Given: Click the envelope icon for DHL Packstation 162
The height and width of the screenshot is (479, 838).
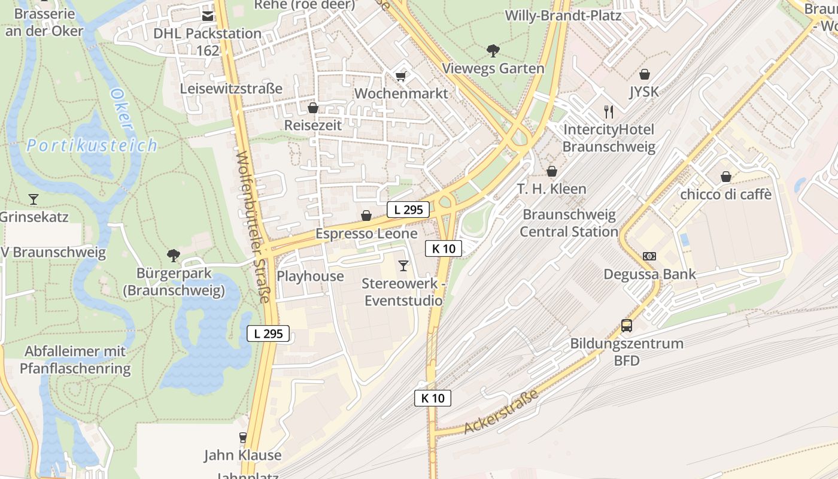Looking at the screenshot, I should pyautogui.click(x=208, y=16).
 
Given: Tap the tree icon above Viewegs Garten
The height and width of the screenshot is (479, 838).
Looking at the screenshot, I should pyautogui.click(x=493, y=51).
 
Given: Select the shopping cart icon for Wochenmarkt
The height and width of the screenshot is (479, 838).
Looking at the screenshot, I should pyautogui.click(x=400, y=76).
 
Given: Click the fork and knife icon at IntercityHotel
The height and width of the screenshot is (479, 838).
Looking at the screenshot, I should pyautogui.click(x=609, y=112).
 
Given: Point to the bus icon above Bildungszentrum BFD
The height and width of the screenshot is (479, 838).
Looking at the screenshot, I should pyautogui.click(x=626, y=326).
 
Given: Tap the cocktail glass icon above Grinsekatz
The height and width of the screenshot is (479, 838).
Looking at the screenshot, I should pyautogui.click(x=34, y=199).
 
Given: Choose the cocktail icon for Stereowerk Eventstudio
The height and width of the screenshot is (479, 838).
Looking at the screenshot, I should pyautogui.click(x=403, y=265).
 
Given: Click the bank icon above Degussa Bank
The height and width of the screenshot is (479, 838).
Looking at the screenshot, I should pyautogui.click(x=649, y=256).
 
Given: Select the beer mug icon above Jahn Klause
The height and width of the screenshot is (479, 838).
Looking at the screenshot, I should pyautogui.click(x=242, y=438).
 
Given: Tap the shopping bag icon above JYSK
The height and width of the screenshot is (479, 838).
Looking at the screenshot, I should pyautogui.click(x=645, y=74).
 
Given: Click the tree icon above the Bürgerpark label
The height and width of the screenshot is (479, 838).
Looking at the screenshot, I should pyautogui.click(x=174, y=256).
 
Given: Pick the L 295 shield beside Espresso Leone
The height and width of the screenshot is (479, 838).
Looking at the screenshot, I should pyautogui.click(x=408, y=210).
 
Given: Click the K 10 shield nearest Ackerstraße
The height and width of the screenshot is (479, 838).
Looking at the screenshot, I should pyautogui.click(x=433, y=398).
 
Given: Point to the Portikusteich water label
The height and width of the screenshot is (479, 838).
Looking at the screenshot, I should pyautogui.click(x=92, y=145).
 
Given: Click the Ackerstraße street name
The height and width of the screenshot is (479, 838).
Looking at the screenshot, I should pyautogui.click(x=501, y=412).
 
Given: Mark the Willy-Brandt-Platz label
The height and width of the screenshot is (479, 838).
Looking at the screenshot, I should pyautogui.click(x=563, y=16).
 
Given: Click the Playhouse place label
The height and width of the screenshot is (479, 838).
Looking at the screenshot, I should pyautogui.click(x=310, y=276).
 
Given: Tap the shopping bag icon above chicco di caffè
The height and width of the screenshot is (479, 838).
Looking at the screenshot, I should pyautogui.click(x=725, y=177).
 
